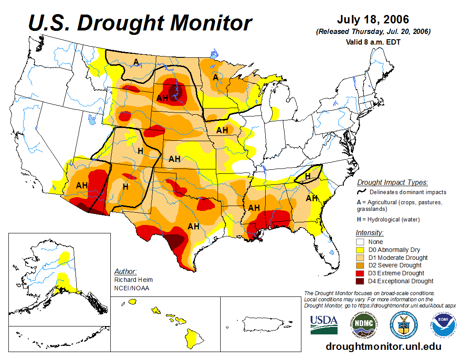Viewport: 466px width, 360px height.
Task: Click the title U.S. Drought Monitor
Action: click(x=140, y=22)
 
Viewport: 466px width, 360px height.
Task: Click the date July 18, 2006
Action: click(x=373, y=20)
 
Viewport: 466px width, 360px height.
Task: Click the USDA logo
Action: click(x=324, y=324)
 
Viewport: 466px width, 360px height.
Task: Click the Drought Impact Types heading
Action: click(x=392, y=182)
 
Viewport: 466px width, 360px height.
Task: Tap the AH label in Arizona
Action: click(x=82, y=185)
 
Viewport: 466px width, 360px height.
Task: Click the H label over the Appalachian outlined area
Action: click(x=308, y=176)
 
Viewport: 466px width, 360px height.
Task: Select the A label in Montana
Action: click(x=136, y=61)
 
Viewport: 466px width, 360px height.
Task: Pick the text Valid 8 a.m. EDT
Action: click(x=373, y=42)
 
